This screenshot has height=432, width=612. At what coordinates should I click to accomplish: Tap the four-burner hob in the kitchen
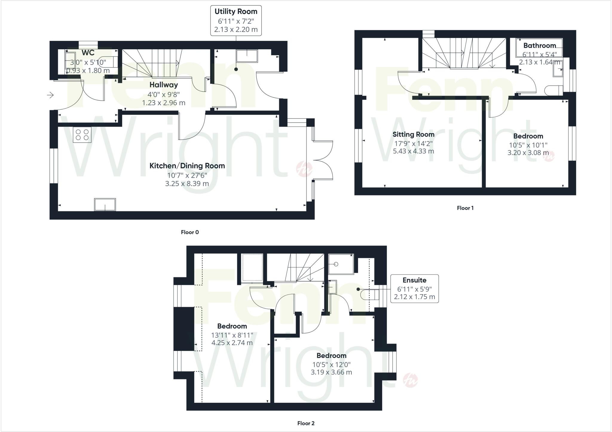[x=82, y=134]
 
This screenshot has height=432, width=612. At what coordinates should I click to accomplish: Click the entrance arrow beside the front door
[x=50, y=95]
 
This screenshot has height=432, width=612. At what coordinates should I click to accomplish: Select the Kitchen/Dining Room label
[x=187, y=166]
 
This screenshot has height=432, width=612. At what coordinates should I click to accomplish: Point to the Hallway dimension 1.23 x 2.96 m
[x=163, y=103]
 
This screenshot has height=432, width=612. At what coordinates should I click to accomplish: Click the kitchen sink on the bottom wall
[x=105, y=204]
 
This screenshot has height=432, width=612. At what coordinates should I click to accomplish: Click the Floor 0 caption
[x=190, y=232]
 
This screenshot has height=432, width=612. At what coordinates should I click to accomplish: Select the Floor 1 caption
[x=465, y=208]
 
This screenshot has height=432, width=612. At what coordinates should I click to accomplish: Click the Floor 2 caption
[x=306, y=423]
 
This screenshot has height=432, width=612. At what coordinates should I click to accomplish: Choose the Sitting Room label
[x=413, y=134]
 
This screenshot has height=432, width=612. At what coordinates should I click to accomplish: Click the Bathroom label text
[x=539, y=46]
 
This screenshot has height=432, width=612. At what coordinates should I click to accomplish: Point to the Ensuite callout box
[x=414, y=289]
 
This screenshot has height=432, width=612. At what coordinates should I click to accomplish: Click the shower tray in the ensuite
[x=341, y=264]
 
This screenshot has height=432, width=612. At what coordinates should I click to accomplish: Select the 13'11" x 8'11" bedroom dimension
[x=232, y=335]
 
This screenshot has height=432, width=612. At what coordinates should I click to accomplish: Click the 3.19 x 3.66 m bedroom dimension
[x=331, y=372]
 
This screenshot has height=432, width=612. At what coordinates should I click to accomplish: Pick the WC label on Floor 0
[x=88, y=53]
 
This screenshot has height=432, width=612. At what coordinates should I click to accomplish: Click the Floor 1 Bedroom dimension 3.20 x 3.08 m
[x=528, y=153]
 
